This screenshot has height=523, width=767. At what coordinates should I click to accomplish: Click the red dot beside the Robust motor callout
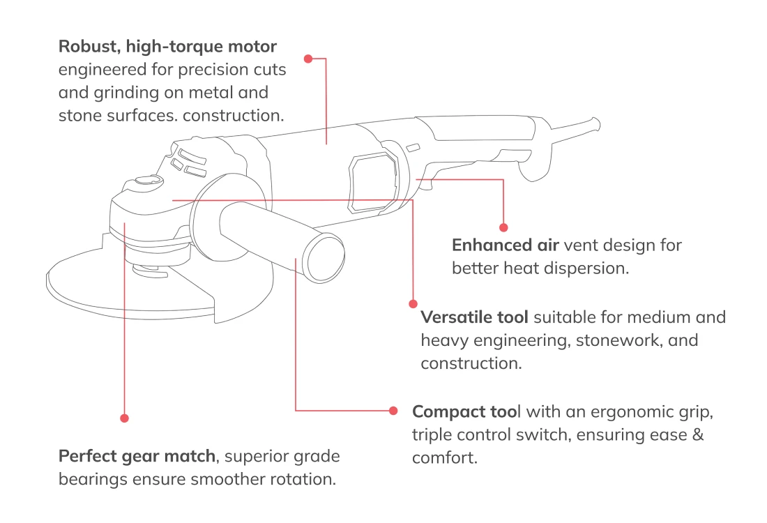(x=308, y=59)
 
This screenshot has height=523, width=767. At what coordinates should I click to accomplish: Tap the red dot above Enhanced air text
(x=503, y=227)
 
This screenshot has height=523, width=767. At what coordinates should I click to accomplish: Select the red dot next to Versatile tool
(x=413, y=304)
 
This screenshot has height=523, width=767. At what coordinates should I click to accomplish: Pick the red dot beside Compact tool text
(x=393, y=410)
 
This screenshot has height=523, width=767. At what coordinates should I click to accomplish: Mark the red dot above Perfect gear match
(x=124, y=418)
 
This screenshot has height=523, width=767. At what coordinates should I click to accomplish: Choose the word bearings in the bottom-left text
(x=89, y=480)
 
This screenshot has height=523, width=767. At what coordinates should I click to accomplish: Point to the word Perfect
(x=86, y=457)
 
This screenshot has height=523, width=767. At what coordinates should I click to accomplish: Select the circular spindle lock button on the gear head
(x=147, y=181)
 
